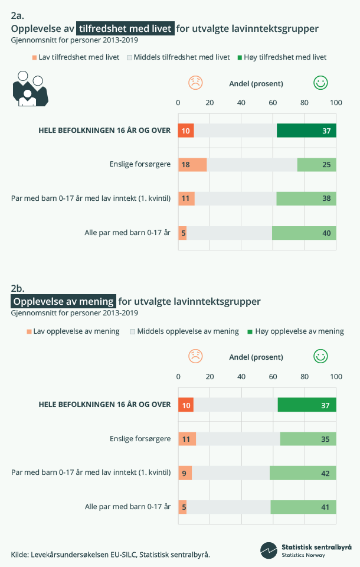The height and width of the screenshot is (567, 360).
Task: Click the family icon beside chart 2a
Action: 30,89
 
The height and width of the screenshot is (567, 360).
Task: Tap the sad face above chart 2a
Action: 195,83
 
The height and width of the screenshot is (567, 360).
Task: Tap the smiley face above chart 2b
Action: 320,356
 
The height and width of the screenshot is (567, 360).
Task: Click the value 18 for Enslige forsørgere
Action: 185,164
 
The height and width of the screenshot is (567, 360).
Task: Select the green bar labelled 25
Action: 316,164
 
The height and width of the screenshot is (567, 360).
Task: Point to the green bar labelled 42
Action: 303,472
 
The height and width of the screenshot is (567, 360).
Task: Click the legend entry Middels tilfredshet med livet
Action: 178,57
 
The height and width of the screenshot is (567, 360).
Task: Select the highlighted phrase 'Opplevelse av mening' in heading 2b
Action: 64,301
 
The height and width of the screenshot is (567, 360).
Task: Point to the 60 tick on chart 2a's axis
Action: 273,103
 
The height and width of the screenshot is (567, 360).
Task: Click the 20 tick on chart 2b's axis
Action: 210,377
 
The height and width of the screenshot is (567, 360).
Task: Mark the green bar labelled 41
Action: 303,507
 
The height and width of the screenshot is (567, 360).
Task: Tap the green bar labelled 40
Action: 304,233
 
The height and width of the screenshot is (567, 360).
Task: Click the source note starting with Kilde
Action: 110,554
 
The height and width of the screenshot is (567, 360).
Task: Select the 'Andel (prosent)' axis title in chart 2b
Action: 256,357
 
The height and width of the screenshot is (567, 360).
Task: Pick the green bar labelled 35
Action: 308,439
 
